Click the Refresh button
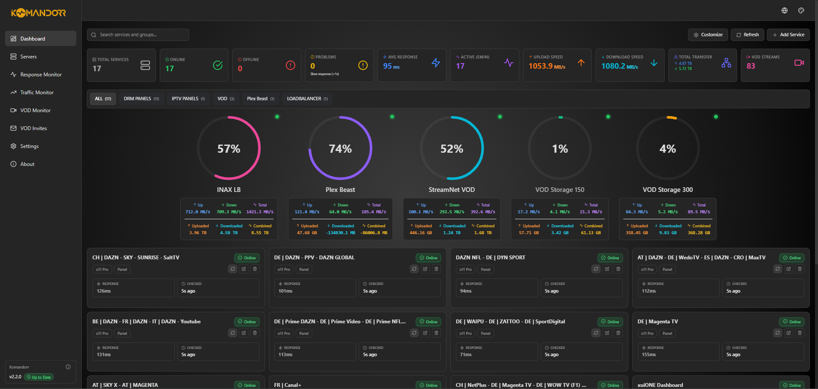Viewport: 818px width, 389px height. coord(747,35)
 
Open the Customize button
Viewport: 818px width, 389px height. coord(708,35)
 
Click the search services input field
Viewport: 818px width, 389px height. coord(138,35)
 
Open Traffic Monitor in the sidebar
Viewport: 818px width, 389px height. coord(37,93)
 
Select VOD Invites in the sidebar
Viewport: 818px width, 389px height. coord(33,128)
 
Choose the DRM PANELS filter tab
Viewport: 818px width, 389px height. coord(141,99)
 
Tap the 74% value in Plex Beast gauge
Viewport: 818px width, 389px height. coord(340,149)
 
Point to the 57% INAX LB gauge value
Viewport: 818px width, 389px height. coord(229,149)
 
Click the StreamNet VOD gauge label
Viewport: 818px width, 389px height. coord(452,190)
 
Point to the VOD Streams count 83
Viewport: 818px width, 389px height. coord(751,66)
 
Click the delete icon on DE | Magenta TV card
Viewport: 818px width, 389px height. coord(800,333)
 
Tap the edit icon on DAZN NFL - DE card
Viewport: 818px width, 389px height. coord(607,269)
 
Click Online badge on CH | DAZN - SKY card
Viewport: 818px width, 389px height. coord(247,258)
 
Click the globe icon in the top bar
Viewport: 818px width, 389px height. coord(784,11)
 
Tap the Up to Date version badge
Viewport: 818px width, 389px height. coord(39,377)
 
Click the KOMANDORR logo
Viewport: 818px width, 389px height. coord(38,13)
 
